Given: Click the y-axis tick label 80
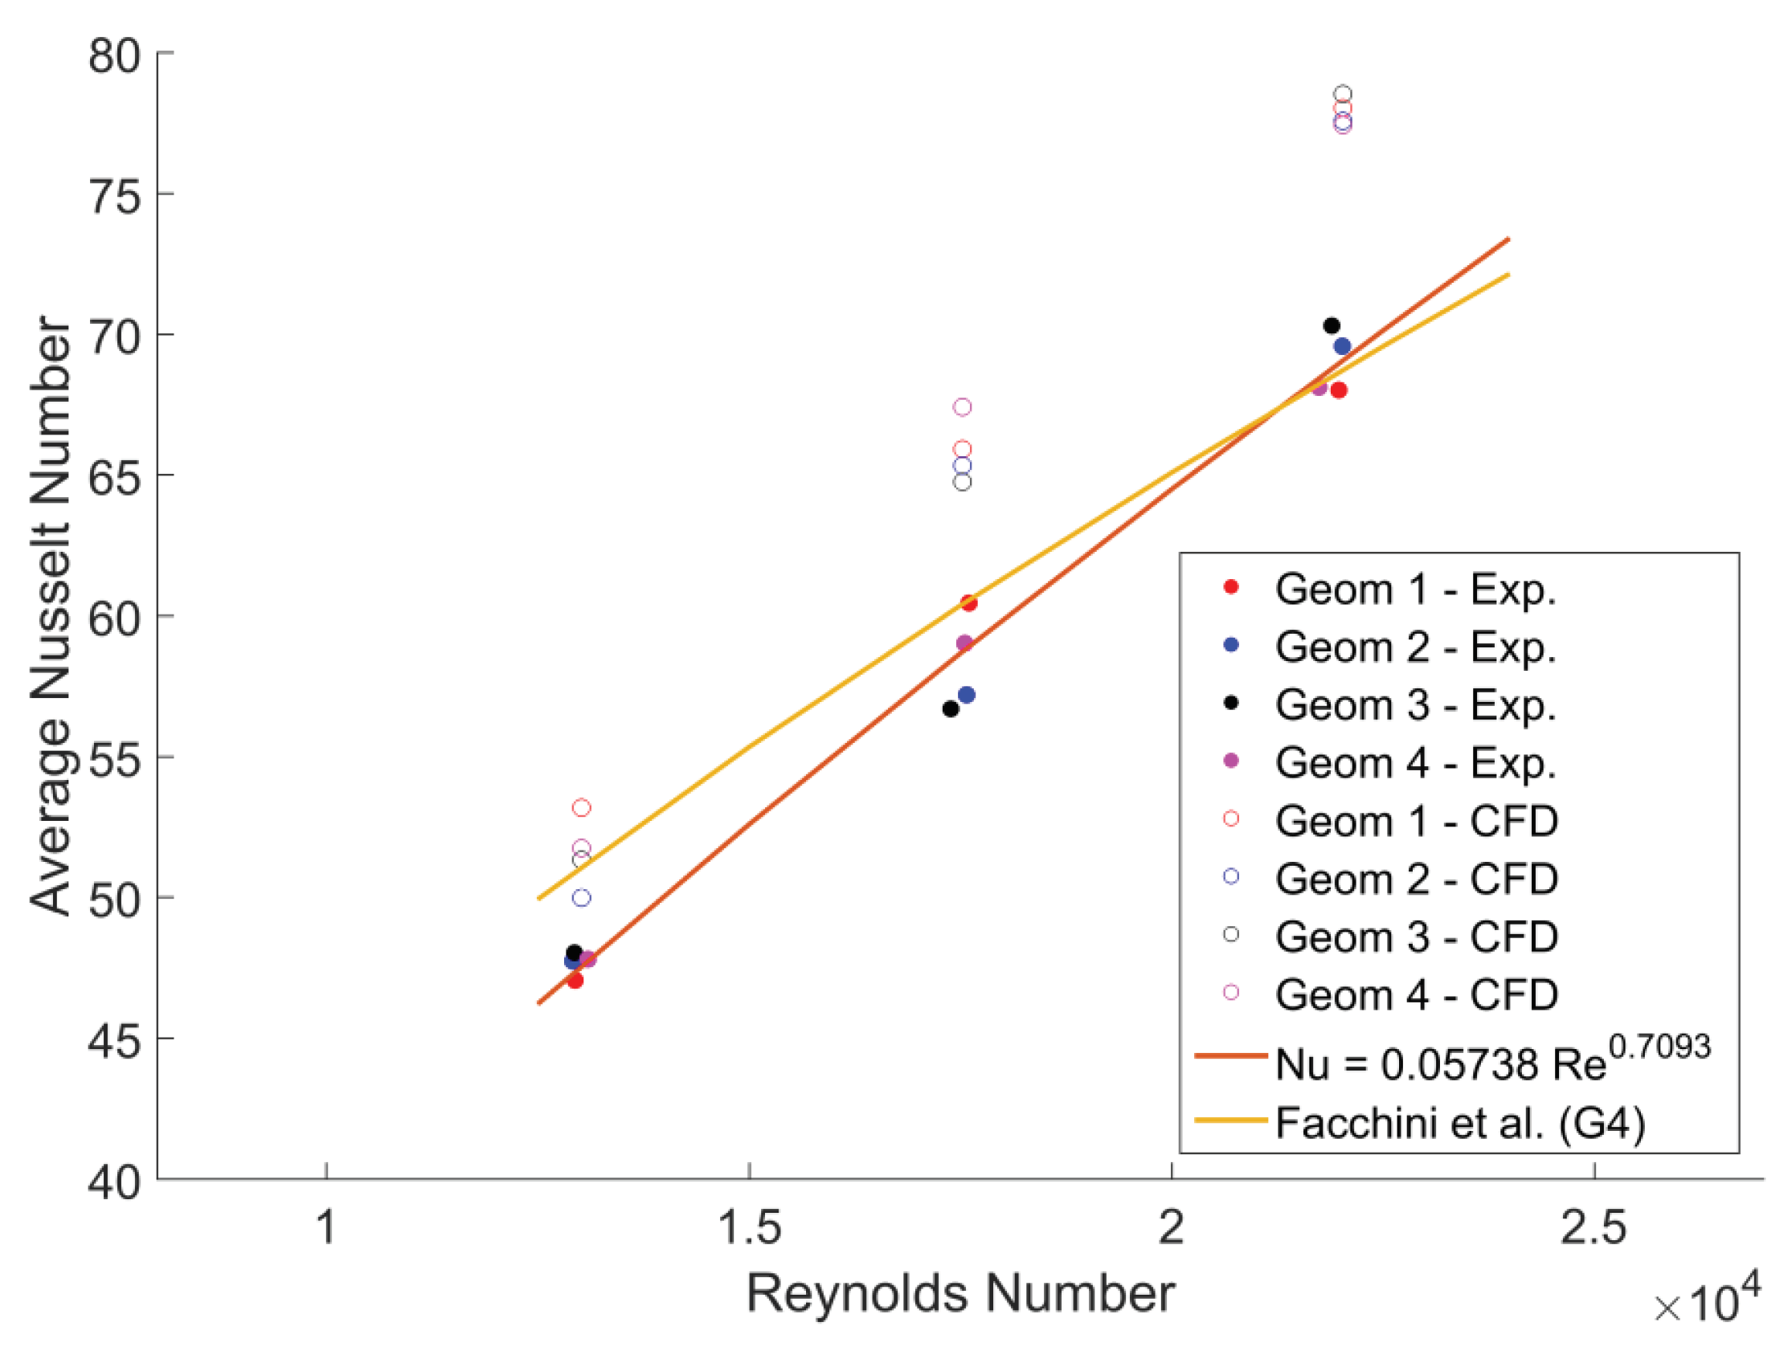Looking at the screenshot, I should click(x=114, y=57).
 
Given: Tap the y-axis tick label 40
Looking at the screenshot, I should click(x=114, y=1182).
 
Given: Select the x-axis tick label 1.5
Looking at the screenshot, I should click(x=750, y=1227).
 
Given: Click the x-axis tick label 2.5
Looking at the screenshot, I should click(x=1594, y=1227).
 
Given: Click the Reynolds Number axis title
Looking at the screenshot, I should click(x=960, y=1292).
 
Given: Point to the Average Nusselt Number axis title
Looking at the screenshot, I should click(x=51, y=615).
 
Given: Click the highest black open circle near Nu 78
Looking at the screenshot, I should click(x=1342, y=94).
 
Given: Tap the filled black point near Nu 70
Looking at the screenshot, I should click(x=1331, y=325).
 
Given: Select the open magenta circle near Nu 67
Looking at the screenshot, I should click(x=962, y=406).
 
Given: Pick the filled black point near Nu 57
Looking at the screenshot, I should click(x=951, y=708).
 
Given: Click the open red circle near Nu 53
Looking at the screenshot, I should click(x=581, y=807).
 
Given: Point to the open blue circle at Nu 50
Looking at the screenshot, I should click(x=581, y=897).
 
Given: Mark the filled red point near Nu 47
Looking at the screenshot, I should click(x=575, y=981).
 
